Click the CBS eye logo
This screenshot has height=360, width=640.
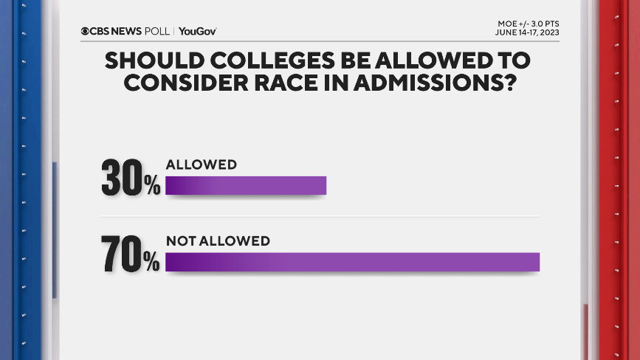point(86,31)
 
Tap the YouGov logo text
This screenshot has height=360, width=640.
point(197,31)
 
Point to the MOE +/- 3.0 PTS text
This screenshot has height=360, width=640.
point(528,24)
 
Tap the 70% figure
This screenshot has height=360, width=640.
point(131,254)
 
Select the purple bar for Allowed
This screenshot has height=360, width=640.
point(245,186)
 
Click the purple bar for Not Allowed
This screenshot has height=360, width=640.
point(352,262)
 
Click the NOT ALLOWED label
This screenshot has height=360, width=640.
point(218,240)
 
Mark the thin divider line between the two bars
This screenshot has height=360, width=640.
point(352,216)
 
